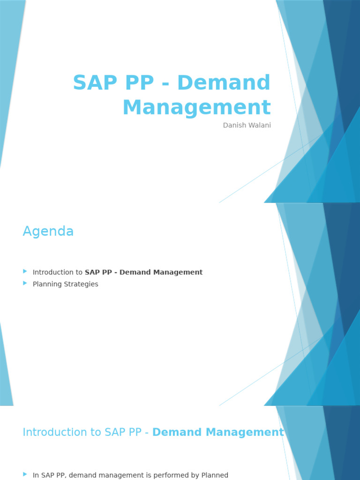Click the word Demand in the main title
(224, 83)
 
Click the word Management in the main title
(196, 107)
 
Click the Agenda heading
(48, 232)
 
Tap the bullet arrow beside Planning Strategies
(25, 283)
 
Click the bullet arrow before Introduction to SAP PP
(25, 271)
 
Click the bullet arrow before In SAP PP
(25, 474)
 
